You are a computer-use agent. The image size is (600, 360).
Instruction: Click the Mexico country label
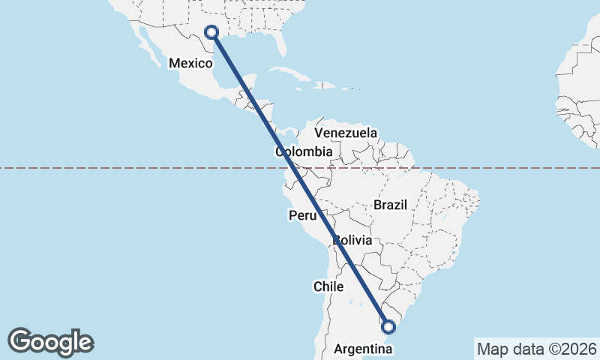(x=190, y=64)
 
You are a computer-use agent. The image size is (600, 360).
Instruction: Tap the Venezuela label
(x=346, y=133)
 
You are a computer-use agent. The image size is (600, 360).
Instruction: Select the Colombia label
(x=303, y=152)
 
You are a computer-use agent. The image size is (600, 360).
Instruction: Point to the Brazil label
(x=390, y=205)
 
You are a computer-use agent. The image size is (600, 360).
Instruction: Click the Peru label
(x=303, y=216)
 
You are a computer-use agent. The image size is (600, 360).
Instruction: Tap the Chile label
(x=328, y=286)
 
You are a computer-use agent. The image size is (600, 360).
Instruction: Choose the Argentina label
(x=360, y=349)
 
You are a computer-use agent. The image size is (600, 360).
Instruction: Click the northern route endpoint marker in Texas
(x=211, y=32)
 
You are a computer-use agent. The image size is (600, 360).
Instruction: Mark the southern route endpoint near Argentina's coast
(x=388, y=326)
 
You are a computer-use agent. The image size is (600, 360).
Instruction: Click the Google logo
(x=50, y=342)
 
